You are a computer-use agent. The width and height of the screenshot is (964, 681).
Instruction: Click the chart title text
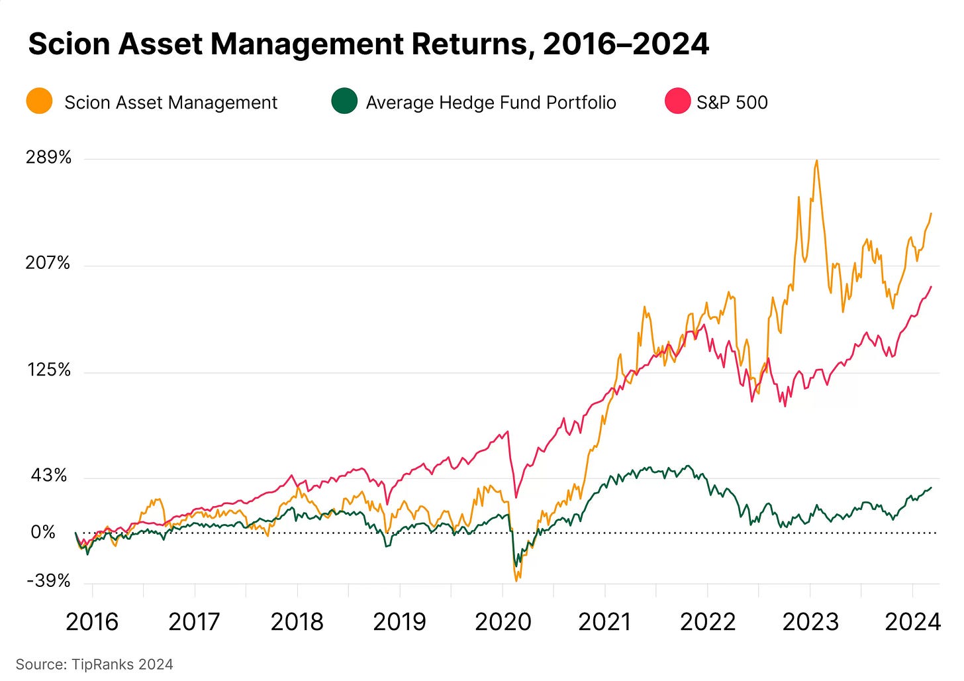368,44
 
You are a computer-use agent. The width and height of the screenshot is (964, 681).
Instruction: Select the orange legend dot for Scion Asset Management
40,102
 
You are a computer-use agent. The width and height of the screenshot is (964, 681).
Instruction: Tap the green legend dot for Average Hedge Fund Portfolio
344,102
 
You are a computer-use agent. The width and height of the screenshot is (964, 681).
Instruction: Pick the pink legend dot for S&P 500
677,102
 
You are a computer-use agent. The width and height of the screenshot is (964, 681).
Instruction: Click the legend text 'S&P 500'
732,103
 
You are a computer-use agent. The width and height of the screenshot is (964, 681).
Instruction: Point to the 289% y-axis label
48,158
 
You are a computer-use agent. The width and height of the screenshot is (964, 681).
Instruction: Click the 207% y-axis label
48,264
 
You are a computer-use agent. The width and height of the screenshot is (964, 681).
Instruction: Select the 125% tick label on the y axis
48,370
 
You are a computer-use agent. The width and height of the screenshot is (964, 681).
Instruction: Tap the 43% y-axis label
48,476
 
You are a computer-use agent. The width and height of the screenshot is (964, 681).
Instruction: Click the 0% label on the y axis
43,533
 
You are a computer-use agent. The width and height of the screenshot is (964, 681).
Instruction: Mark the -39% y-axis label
48,581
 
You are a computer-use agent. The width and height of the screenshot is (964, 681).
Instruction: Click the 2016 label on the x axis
92,622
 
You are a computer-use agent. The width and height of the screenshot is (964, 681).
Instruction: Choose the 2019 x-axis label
399,622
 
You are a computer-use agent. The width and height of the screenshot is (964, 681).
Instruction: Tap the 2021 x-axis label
604,622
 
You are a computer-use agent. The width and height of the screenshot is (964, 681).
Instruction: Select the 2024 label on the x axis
912,622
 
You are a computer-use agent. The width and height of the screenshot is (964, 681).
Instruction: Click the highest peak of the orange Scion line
816,160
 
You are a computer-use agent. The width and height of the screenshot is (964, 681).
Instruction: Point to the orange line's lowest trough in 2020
516,581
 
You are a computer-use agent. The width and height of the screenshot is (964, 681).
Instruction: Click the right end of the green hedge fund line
931,488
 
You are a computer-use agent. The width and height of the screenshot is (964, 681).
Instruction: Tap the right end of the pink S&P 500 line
931,287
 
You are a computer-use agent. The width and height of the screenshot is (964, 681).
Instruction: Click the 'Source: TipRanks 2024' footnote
94,664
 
